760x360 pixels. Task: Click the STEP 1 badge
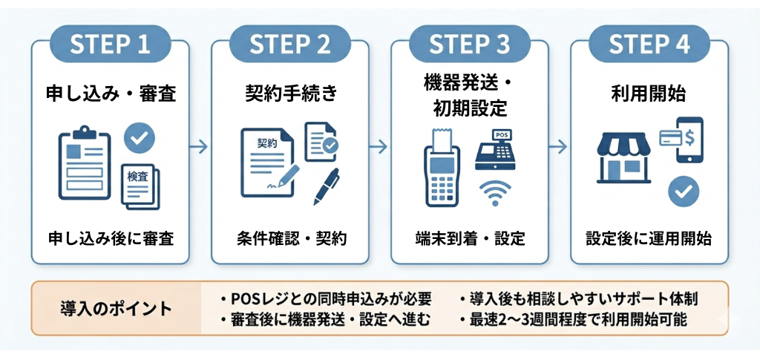pyautogui.click(x=110, y=45)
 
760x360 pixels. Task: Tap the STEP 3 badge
pyautogui.click(x=470, y=45)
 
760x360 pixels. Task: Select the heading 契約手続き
pyautogui.click(x=290, y=94)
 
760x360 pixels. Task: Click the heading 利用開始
pyautogui.click(x=649, y=94)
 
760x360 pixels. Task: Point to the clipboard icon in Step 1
pyautogui.click(x=83, y=163)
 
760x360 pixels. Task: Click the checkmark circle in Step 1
pyautogui.click(x=139, y=137)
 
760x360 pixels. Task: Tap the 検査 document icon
pyautogui.click(x=141, y=183)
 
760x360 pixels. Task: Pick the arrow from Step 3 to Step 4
pyautogui.click(x=559, y=146)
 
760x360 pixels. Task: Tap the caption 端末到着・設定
pyautogui.click(x=470, y=239)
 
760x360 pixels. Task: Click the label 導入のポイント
pyautogui.click(x=115, y=308)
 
